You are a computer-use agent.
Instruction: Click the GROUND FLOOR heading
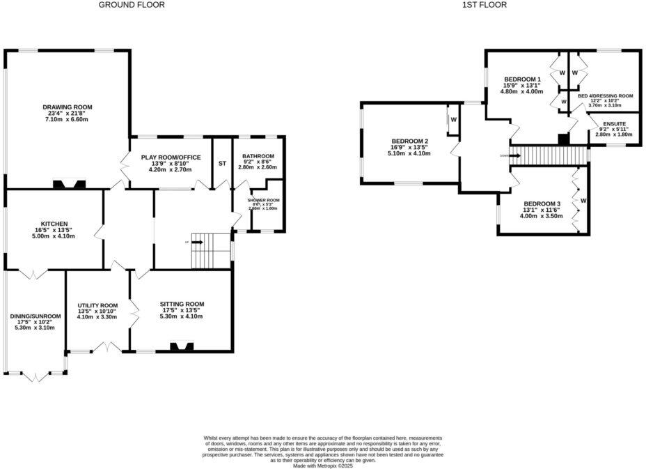pyautogui.click(x=132, y=5)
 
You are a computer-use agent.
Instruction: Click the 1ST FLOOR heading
pyautogui.click(x=484, y=5)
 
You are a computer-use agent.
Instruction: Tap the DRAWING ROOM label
pyautogui.click(x=68, y=107)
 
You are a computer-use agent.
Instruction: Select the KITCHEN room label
pyautogui.click(x=54, y=224)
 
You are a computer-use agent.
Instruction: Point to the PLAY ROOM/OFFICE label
pyautogui.click(x=171, y=157)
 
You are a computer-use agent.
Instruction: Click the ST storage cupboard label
pyautogui.click(x=222, y=163)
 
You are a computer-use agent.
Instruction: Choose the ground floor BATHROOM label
pyautogui.click(x=258, y=156)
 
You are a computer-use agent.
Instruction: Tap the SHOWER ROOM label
pyautogui.click(x=262, y=201)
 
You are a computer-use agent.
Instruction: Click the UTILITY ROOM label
pyautogui.click(x=97, y=306)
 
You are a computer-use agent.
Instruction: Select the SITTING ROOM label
pyautogui.click(x=182, y=304)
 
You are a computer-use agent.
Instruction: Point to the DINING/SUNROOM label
pyautogui.click(x=36, y=316)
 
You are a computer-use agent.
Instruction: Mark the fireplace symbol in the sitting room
pyautogui.click(x=183, y=346)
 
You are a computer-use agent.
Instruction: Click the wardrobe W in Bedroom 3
pyautogui.click(x=583, y=201)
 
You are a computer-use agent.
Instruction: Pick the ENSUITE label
pyautogui.click(x=614, y=123)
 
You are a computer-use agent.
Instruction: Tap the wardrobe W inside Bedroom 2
pyautogui.click(x=453, y=119)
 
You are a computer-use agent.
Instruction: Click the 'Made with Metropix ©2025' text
pyautogui.click(x=323, y=466)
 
